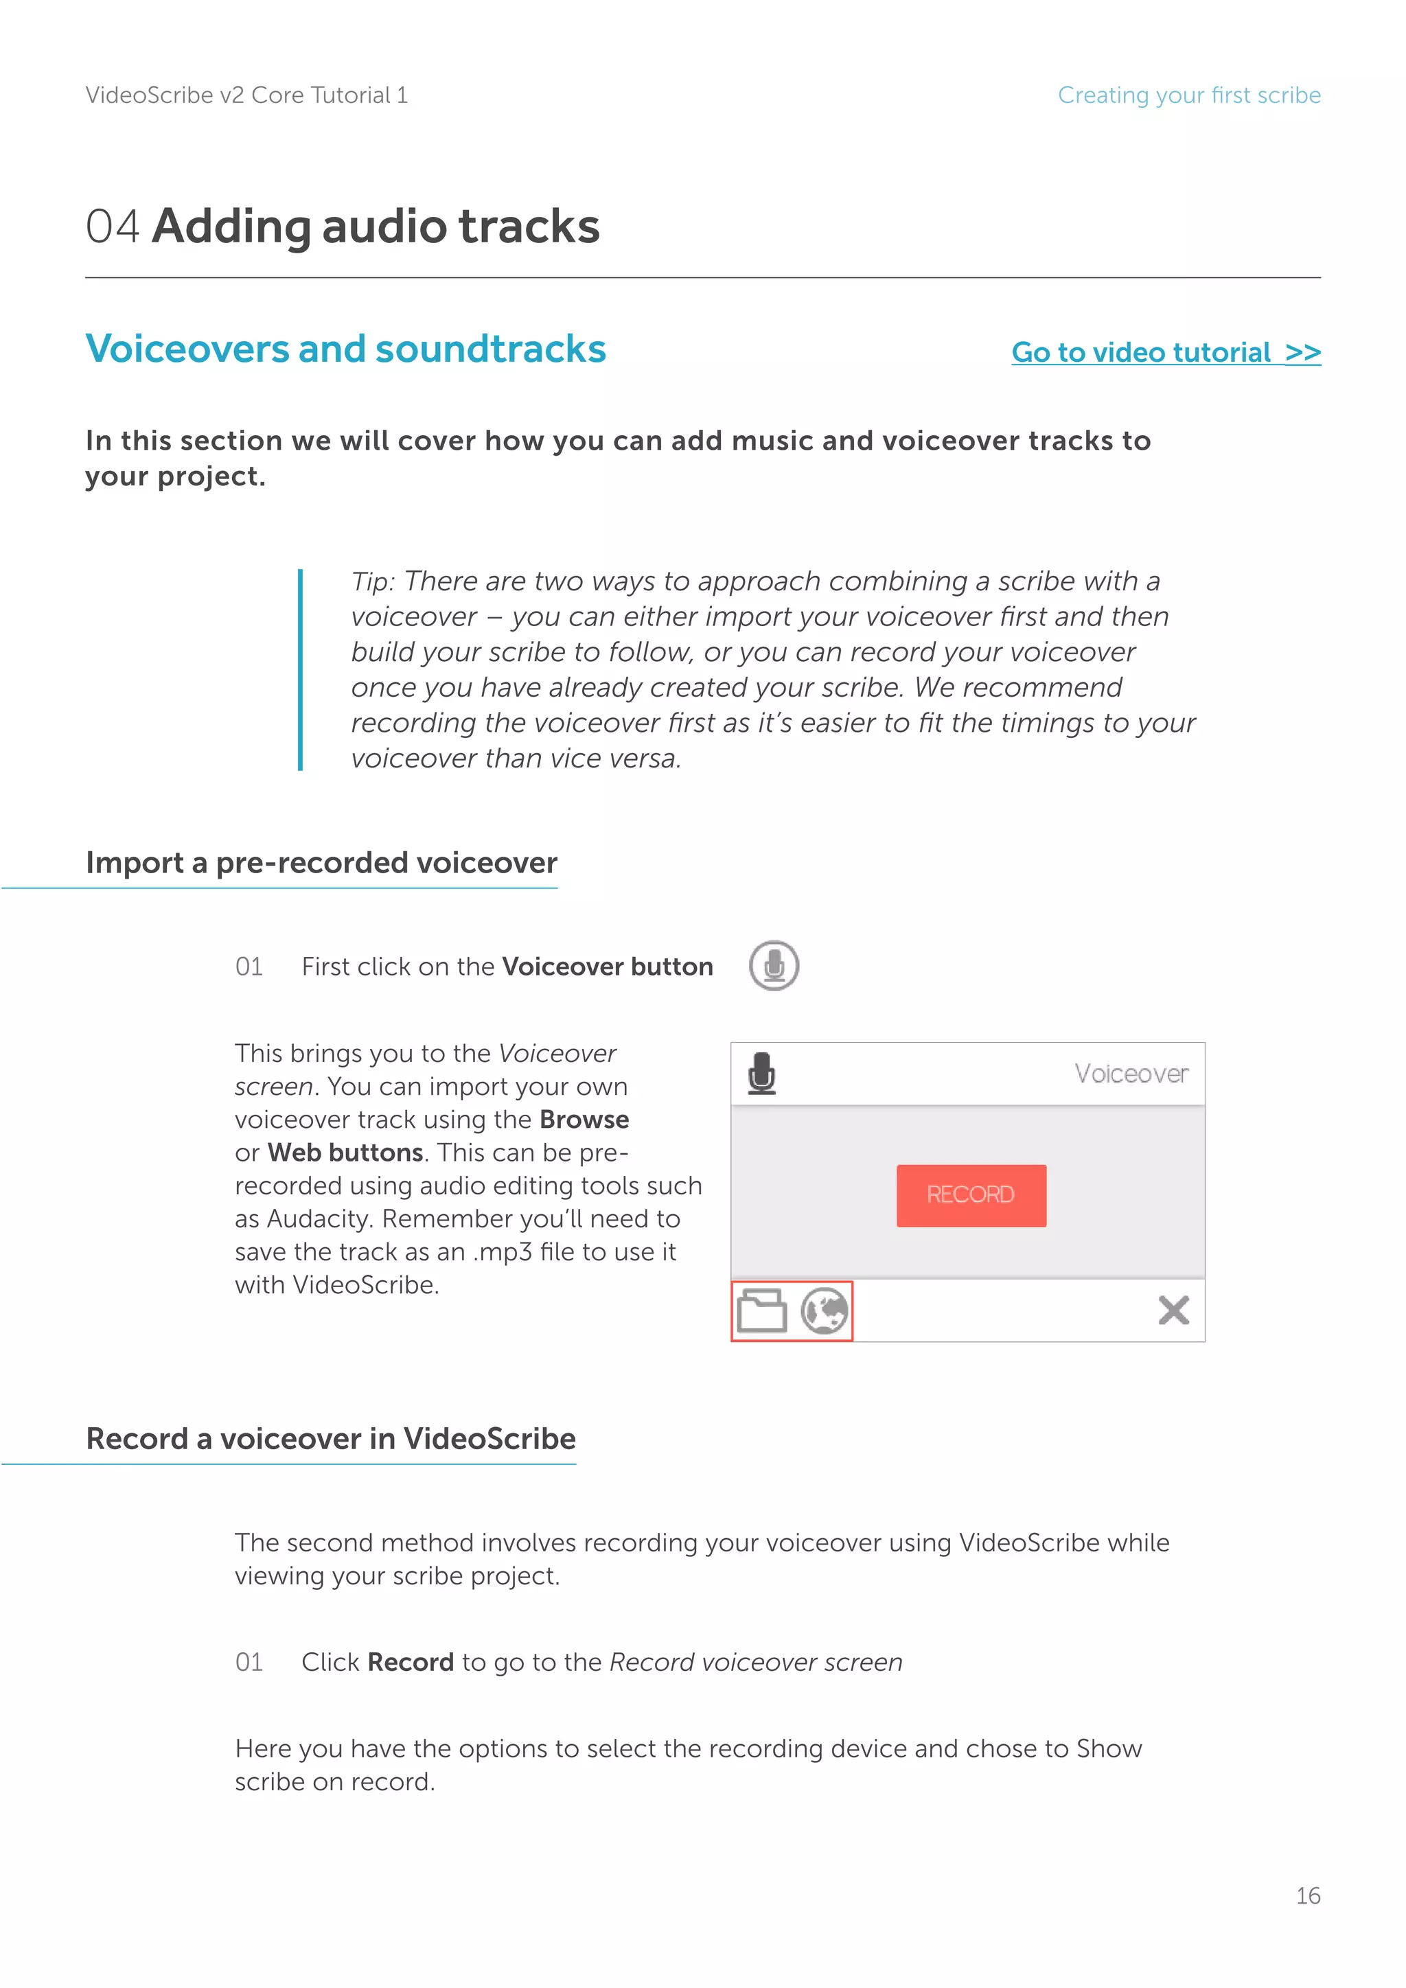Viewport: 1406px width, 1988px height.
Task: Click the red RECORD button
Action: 971,1195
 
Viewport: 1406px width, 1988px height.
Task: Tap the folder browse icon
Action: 761,1311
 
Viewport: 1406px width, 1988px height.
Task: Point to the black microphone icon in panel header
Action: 762,1074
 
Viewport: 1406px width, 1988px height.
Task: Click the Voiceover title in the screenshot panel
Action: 1131,1074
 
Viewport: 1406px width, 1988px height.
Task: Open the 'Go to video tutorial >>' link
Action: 1165,352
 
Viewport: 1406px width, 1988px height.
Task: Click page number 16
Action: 1307,1895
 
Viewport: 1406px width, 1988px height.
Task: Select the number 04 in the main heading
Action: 113,227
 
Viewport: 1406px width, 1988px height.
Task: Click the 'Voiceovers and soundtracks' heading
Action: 345,349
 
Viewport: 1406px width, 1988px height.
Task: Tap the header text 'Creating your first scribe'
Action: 1188,95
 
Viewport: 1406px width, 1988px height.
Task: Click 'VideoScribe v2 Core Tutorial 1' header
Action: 246,95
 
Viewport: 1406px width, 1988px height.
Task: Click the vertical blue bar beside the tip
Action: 301,669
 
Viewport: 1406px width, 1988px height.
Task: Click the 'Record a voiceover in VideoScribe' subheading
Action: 331,1438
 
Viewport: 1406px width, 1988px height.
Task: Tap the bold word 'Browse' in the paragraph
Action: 584,1120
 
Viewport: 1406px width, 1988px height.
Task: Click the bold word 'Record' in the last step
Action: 411,1663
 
